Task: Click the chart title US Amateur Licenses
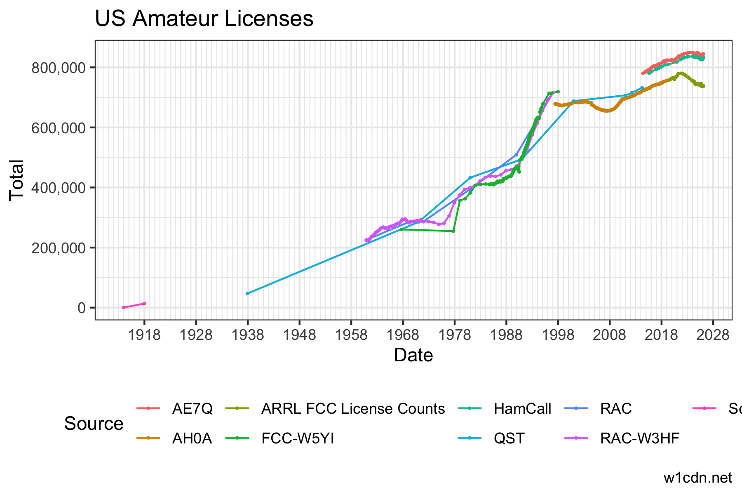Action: (204, 19)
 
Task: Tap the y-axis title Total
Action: (17, 180)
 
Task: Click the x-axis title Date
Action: (413, 355)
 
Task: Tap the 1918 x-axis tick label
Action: (144, 335)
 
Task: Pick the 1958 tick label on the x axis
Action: (351, 335)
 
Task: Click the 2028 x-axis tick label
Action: (713, 335)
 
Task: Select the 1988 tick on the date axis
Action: (506, 335)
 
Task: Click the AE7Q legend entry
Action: (192, 409)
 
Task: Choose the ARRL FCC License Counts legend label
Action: (353, 409)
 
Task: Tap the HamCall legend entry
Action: (522, 409)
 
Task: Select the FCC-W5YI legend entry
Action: (298, 438)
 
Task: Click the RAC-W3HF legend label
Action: (639, 438)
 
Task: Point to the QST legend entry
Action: (509, 438)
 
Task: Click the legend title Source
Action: (94, 424)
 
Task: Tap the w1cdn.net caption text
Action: (697, 478)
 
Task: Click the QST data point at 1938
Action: (247, 293)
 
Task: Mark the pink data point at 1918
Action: (144, 304)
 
